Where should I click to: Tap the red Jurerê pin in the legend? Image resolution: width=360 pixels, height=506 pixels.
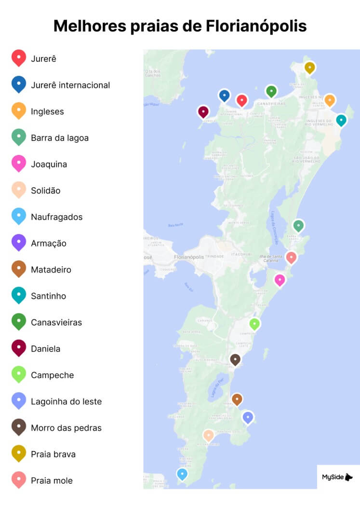pos(19,58)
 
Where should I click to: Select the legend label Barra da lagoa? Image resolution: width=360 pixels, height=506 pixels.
pos(60,138)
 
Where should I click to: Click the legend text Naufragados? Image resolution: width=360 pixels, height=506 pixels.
pos(57,217)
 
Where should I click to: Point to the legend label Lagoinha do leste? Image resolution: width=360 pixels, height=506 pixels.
pos(66,401)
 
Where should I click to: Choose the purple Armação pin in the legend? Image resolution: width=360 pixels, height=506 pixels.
pos(19,242)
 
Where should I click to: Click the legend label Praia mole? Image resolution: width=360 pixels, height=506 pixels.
pos(52,480)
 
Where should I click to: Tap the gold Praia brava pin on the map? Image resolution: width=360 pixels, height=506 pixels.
pos(310,68)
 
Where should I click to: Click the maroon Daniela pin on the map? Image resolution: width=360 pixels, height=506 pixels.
pos(203,112)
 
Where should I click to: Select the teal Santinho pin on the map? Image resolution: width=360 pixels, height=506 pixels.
pos(341,120)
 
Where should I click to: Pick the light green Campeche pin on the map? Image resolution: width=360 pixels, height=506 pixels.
pos(254,324)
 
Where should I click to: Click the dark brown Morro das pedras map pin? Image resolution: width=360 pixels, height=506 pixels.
pos(235,360)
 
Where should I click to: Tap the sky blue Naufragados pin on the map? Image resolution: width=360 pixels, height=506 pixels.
pos(182,474)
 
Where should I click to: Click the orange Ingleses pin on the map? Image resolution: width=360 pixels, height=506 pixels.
pos(330,100)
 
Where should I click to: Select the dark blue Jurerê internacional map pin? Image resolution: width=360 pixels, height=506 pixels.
pos(224,96)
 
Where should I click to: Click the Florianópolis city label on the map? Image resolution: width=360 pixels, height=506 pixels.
pos(189,257)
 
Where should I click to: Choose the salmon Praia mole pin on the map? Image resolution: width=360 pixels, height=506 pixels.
pos(291,258)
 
